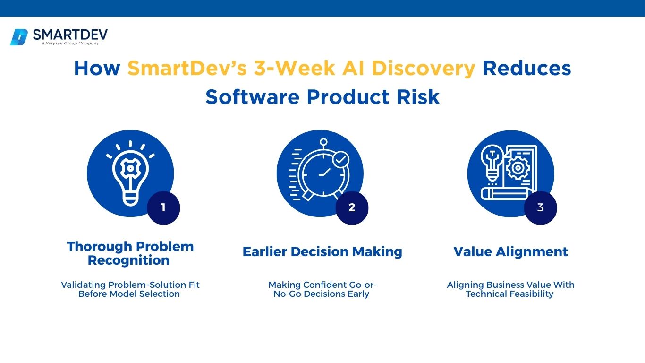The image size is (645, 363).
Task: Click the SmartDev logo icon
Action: (19, 37)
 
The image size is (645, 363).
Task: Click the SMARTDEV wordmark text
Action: (70, 35)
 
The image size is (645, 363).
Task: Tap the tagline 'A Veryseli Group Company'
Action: (70, 43)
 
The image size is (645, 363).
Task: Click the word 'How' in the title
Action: (97, 69)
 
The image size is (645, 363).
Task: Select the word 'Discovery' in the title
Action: (423, 69)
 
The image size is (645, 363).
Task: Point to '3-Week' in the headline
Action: (294, 69)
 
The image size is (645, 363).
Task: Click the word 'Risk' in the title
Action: (418, 97)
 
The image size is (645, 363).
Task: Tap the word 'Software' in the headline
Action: (253, 97)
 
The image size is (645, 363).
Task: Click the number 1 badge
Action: (163, 207)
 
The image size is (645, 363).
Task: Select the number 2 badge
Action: (352, 207)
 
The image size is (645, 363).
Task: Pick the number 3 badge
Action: (541, 207)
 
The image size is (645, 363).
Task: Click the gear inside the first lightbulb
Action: (130, 168)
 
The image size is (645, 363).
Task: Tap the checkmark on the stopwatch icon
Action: (341, 159)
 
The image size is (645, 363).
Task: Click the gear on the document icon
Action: (518, 168)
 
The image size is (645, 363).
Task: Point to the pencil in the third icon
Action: (507, 193)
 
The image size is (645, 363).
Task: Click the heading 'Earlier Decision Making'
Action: (322, 252)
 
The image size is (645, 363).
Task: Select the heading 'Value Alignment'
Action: (511, 252)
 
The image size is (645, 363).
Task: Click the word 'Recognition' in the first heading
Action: (129, 260)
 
